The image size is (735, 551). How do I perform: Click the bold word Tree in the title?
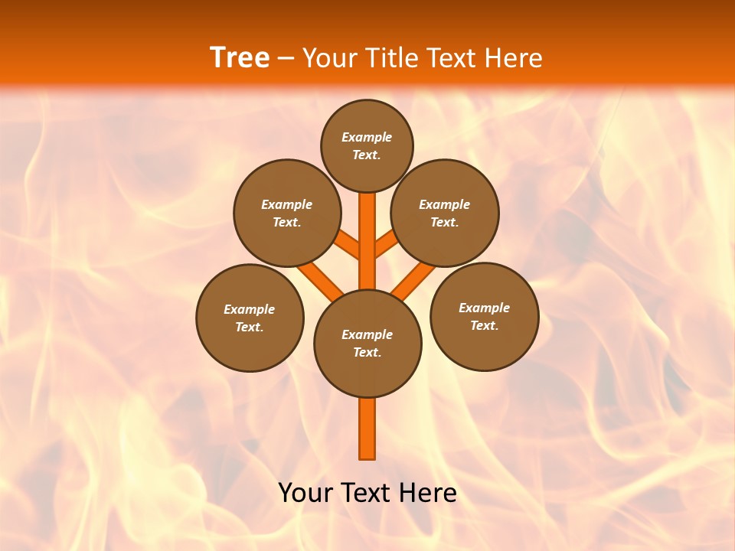pos(240,57)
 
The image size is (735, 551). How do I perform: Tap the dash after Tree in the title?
pos(286,58)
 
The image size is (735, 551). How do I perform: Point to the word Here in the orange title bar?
pos(514,57)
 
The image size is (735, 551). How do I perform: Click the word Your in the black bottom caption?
pos(305,493)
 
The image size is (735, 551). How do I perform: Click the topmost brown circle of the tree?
pos(367,145)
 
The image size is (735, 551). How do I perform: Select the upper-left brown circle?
pos(287,213)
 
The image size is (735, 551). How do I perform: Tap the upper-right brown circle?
pos(445,213)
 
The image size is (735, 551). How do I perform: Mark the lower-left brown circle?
pos(250,318)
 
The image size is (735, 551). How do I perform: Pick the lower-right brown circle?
pos(484,316)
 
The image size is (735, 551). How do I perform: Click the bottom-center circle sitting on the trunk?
pos(367,344)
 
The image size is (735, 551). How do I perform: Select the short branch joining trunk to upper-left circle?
pos(348,244)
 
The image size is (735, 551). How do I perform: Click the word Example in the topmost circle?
pos(367,137)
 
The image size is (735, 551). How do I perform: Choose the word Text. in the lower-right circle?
pos(484,325)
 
